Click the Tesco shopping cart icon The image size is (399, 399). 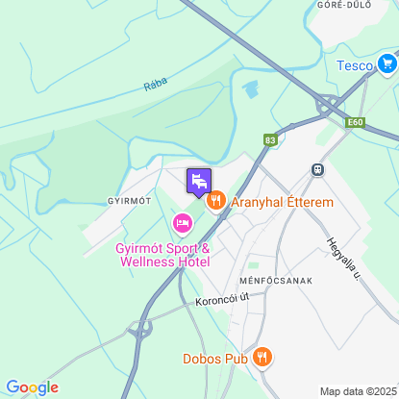tap(387, 64)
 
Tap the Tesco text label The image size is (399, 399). tap(354, 65)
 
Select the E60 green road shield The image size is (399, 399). tap(356, 122)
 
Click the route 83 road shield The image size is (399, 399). tap(270, 140)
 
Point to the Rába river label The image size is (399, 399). tap(155, 84)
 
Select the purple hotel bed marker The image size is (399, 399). tap(198, 181)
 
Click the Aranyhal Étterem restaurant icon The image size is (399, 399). tap(215, 201)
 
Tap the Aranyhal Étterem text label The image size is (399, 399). tap(282, 203)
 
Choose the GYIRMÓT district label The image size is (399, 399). tap(130, 200)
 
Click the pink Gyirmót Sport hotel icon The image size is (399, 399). tap(182, 224)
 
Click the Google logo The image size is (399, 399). tap(32, 387)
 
